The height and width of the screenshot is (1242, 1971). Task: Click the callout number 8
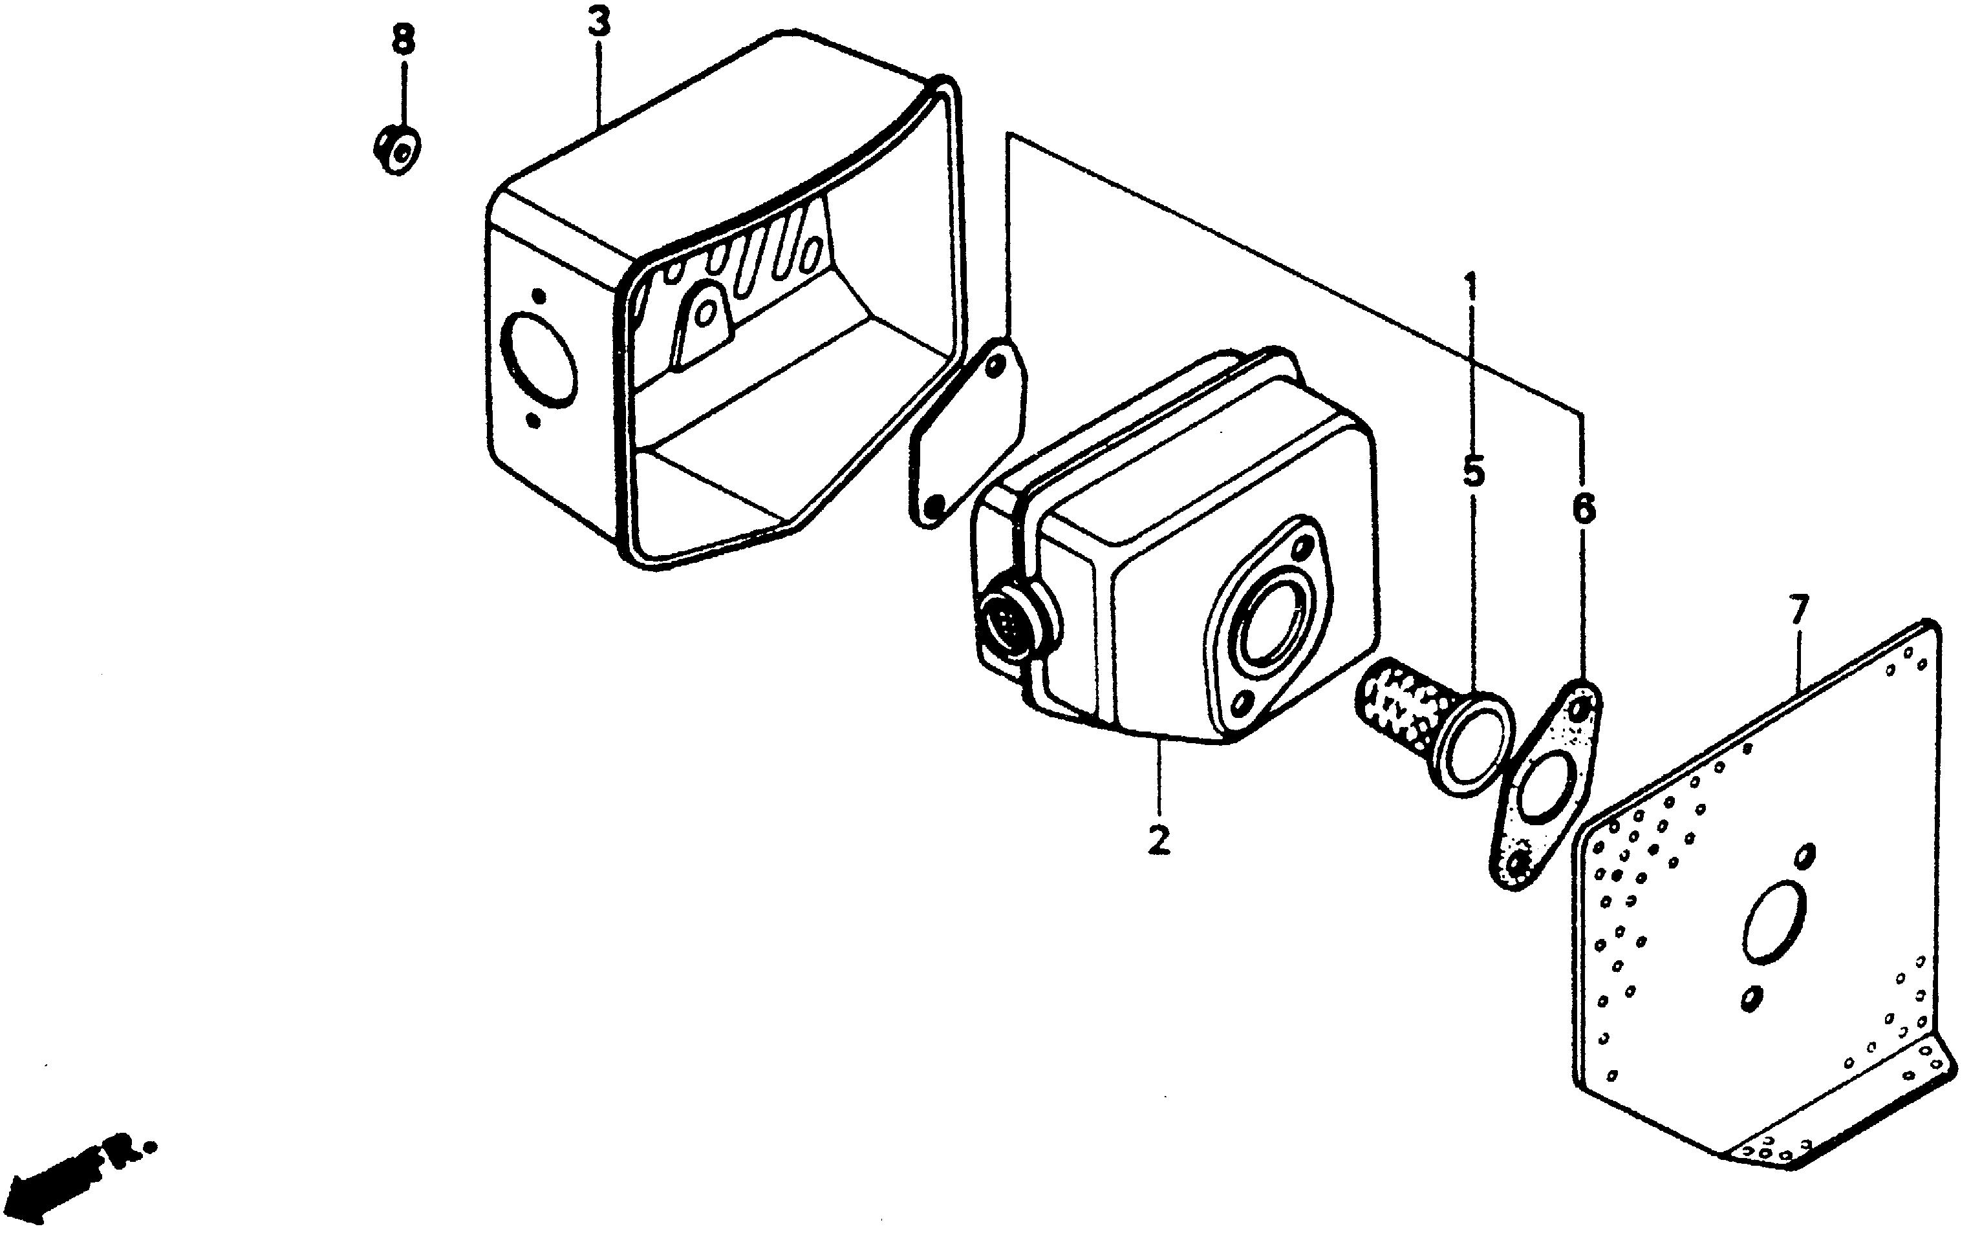[x=403, y=39]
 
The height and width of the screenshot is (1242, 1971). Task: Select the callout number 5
[x=1472, y=472]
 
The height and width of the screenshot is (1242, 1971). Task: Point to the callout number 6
[x=1583, y=509]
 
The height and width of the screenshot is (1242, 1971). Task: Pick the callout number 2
[x=1158, y=839]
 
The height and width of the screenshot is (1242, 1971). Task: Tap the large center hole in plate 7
[x=1774, y=923]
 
